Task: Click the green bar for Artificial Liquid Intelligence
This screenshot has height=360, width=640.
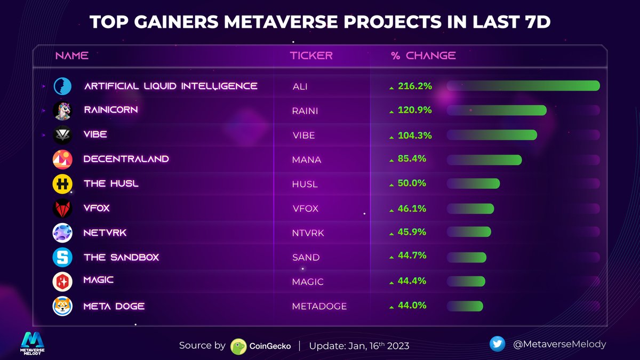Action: [x=523, y=85]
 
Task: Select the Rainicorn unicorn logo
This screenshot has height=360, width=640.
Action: [x=62, y=110]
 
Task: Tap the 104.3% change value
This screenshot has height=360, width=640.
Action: [x=414, y=135]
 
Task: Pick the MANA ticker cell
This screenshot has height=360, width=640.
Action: [x=307, y=159]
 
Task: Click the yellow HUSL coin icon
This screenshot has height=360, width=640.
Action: [x=62, y=184]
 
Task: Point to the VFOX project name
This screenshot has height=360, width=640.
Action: [x=97, y=208]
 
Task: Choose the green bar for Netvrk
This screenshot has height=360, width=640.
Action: [x=468, y=232]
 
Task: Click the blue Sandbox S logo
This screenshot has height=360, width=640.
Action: [x=62, y=258]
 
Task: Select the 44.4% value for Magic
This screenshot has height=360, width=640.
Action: [x=412, y=281]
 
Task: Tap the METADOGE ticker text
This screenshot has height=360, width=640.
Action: [x=319, y=306]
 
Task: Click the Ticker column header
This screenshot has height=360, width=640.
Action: [x=311, y=55]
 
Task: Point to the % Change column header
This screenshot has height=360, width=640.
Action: [x=423, y=55]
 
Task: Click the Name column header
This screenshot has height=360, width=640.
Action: [x=72, y=55]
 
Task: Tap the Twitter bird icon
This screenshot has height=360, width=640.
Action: [x=497, y=344]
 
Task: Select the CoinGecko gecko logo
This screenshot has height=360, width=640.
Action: [x=238, y=346]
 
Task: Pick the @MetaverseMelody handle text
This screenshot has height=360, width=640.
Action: [x=559, y=344]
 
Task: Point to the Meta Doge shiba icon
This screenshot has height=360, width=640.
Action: [x=62, y=306]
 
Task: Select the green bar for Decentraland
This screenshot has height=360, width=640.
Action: [x=483, y=160]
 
